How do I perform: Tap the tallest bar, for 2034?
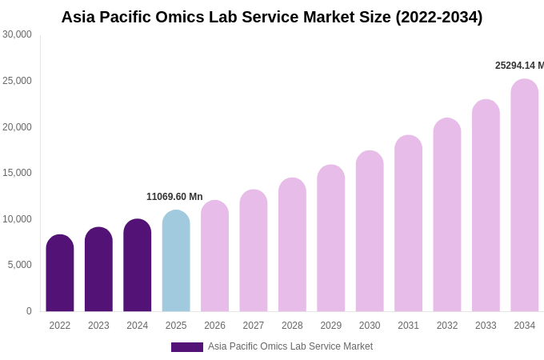coord(525,195)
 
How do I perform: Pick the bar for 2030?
coord(370,231)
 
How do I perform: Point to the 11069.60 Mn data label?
coord(174,197)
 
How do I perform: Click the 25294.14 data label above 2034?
coord(519,66)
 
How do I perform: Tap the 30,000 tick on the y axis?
coord(17,34)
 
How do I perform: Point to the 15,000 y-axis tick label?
coord(17,173)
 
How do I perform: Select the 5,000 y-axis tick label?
coord(20,265)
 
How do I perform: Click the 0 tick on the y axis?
coord(29,311)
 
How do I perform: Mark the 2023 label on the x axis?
coord(98,326)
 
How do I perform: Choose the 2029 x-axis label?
coord(331,326)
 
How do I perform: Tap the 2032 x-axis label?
coord(447,326)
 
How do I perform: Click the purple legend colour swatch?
coord(187,347)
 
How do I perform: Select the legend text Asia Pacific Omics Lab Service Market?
coord(290,346)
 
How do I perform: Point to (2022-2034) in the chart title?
coord(438,17)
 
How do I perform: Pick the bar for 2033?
coord(486,206)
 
